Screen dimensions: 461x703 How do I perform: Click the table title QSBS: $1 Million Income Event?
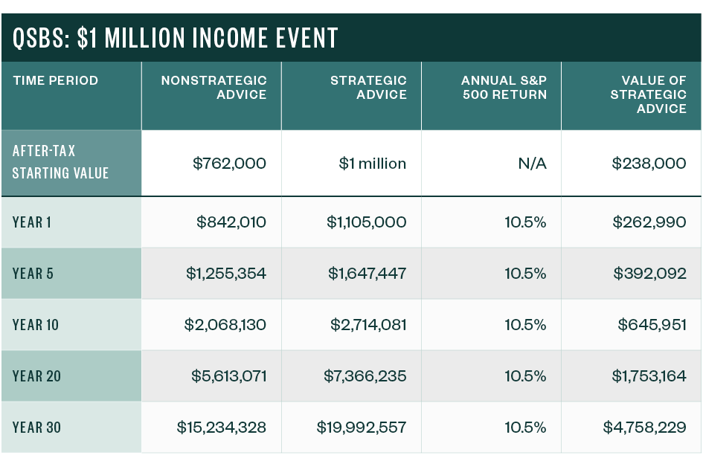click(x=176, y=37)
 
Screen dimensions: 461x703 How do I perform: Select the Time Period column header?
click(x=55, y=80)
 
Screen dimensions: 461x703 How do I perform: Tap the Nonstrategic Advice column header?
click(x=214, y=87)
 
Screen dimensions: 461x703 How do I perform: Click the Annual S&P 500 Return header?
click(x=504, y=87)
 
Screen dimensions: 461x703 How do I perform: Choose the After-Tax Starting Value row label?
click(x=60, y=162)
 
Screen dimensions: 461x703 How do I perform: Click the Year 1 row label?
click(x=32, y=222)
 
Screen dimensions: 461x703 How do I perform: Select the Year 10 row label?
click(x=36, y=325)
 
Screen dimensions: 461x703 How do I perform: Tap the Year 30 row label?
click(x=36, y=428)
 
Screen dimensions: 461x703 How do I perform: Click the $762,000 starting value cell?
click(x=229, y=164)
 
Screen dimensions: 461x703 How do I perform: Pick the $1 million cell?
click(x=372, y=164)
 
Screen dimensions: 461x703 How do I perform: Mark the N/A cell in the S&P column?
click(x=532, y=164)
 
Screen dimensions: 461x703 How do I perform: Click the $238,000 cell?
click(x=649, y=164)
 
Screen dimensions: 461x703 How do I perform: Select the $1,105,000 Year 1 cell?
click(x=366, y=222)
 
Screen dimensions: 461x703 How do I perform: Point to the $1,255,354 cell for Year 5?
click(x=225, y=274)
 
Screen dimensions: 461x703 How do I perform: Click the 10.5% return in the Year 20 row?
click(x=525, y=376)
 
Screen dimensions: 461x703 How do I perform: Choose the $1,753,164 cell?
click(x=649, y=376)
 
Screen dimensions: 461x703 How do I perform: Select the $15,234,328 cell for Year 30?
click(x=221, y=428)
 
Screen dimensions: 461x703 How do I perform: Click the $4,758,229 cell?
click(x=644, y=428)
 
